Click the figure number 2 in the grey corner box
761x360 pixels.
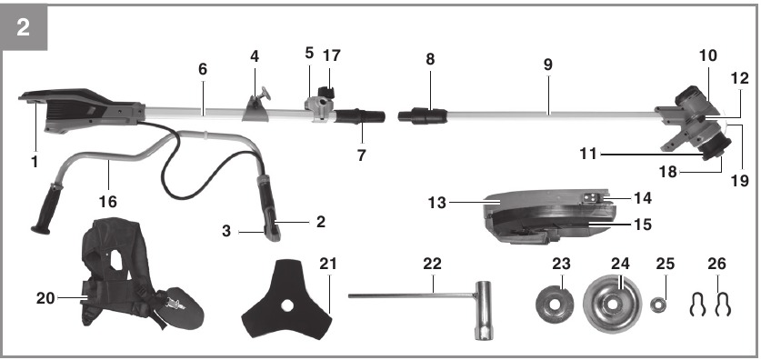pyautogui.click(x=23, y=27)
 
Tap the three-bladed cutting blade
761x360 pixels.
pyautogui.click(x=287, y=300)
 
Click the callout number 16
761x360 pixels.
pyautogui.click(x=107, y=201)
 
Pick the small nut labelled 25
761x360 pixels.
pyautogui.click(x=658, y=305)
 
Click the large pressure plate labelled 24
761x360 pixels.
pyautogui.click(x=612, y=304)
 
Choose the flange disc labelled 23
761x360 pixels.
pyautogui.click(x=555, y=305)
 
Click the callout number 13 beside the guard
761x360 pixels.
pyautogui.click(x=436, y=203)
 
